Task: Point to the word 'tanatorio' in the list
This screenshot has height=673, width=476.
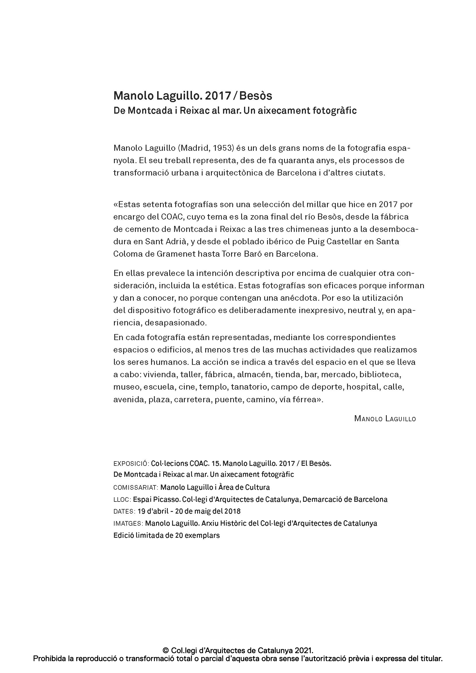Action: tap(249, 387)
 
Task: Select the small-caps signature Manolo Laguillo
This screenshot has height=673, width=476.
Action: tap(385, 419)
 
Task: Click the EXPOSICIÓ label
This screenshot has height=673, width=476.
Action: tap(131, 464)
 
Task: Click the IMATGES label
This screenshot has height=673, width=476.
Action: tap(128, 523)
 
